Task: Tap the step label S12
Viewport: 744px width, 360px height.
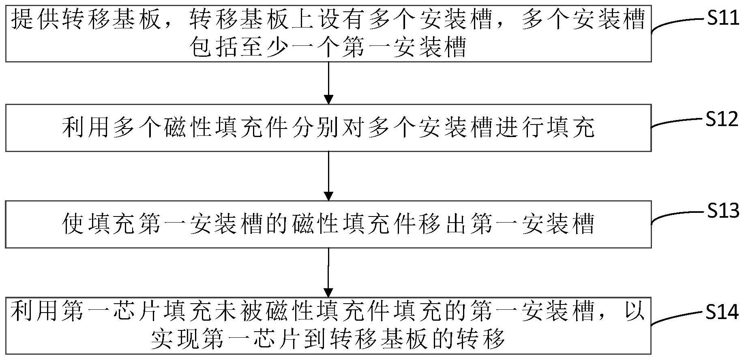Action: tap(722, 119)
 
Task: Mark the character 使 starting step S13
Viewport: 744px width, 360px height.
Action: tap(73, 224)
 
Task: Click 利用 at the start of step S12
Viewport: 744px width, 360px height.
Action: tap(86, 128)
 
